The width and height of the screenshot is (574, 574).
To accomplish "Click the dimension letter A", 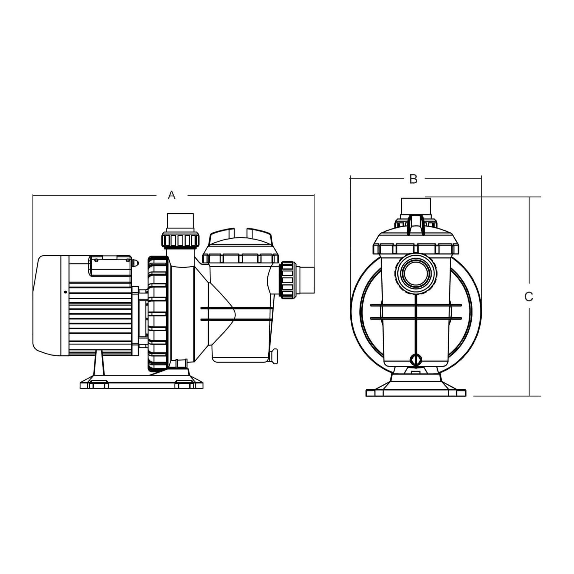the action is (x=172, y=195).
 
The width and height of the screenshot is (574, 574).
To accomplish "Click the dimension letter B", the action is (x=413, y=179).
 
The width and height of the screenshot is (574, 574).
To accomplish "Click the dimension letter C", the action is (x=529, y=297).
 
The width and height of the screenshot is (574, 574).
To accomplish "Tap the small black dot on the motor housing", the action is (x=65, y=292).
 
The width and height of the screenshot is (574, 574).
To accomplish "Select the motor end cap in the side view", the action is (x=47, y=305).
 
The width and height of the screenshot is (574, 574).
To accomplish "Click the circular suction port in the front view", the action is (x=416, y=273).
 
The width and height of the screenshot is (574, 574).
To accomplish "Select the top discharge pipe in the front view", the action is (x=416, y=207).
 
